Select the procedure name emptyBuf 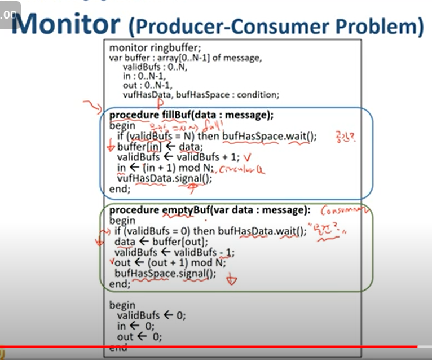pyautogui.click(x=182, y=210)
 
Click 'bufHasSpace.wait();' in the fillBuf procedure pyautogui.click(x=270, y=136)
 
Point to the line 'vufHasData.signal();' pyautogui.click(x=165, y=179)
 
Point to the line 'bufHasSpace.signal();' pyautogui.click(x=165, y=274)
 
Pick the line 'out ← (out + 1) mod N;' pyautogui.click(x=170, y=263)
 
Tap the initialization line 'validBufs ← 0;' pyautogui.click(x=151, y=315)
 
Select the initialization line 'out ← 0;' pyautogui.click(x=139, y=337)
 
